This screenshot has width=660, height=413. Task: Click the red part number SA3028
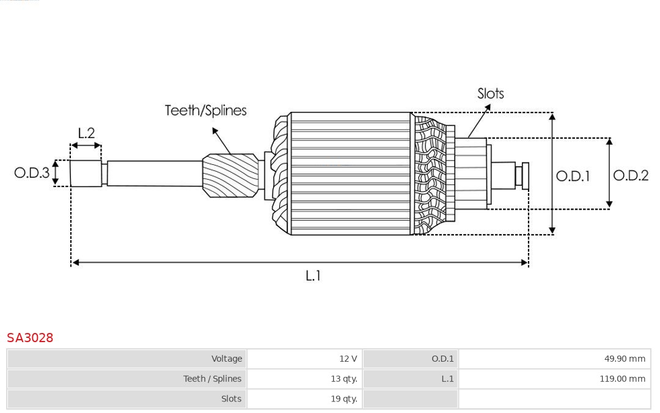[30, 338]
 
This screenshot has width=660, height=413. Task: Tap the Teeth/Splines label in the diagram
[205, 111]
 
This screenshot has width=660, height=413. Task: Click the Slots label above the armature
[490, 93]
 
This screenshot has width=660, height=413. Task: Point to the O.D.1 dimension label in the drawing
[573, 177]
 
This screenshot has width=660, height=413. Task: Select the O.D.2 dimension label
[631, 176]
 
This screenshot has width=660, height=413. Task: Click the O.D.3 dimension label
[32, 173]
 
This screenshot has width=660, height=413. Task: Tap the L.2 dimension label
[86, 133]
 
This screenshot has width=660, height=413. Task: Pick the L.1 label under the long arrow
[313, 276]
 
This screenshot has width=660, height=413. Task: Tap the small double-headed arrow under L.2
[86, 145]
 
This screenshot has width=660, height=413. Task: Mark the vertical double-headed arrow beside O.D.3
[56, 173]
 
